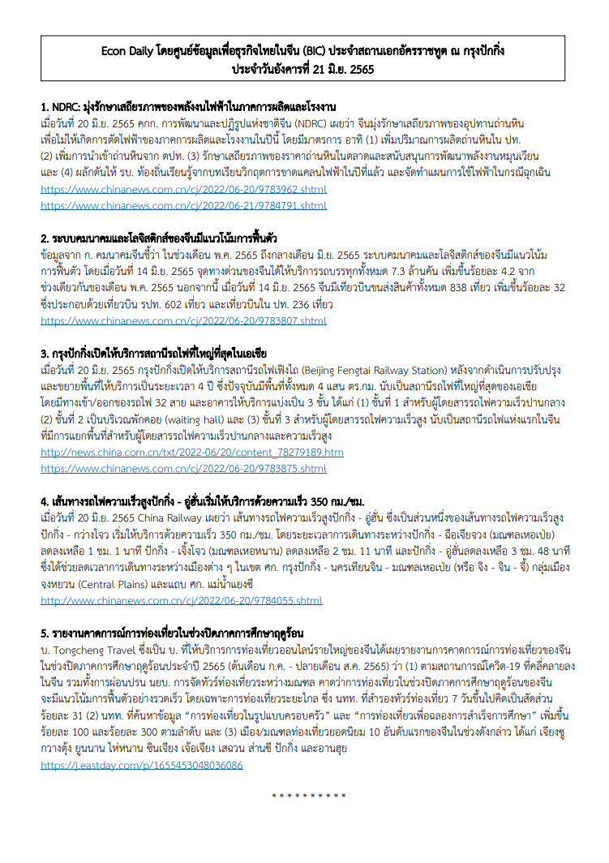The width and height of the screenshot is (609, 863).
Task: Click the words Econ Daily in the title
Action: click(130, 51)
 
